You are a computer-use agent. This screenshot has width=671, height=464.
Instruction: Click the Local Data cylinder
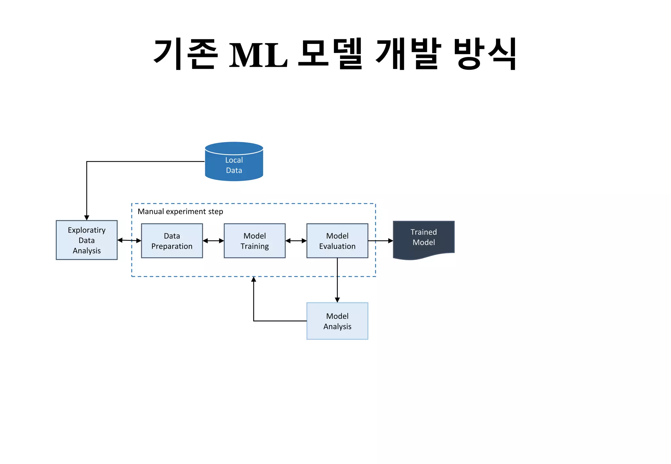[234, 162]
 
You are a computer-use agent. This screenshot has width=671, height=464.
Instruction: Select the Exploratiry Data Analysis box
[86, 240]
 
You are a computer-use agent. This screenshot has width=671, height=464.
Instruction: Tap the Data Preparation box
[172, 241]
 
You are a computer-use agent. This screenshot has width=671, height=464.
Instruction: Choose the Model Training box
[255, 241]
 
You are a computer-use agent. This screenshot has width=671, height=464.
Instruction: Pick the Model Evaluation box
[337, 241]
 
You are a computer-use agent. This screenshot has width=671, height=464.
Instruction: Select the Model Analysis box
[337, 321]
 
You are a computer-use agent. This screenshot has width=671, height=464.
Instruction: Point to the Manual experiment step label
[180, 211]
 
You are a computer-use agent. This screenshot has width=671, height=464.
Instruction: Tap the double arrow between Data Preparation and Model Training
[213, 241]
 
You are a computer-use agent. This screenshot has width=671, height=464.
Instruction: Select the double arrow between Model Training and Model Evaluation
[296, 241]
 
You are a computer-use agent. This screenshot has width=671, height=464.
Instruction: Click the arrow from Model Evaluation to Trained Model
[380, 241]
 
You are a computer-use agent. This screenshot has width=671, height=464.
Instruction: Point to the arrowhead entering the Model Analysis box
[337, 299]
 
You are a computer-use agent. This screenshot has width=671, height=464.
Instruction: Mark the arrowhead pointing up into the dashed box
[254, 279]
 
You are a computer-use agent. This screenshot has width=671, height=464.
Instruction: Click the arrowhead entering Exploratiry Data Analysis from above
[86, 218]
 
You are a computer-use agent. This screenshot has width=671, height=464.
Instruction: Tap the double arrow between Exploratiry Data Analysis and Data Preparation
[129, 241]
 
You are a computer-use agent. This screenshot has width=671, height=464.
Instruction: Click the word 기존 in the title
[185, 54]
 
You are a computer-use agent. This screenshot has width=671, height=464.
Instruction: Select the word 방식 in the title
[485, 54]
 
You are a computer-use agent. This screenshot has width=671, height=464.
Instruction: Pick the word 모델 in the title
[330, 54]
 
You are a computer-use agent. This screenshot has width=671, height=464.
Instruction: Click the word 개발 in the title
[408, 54]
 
